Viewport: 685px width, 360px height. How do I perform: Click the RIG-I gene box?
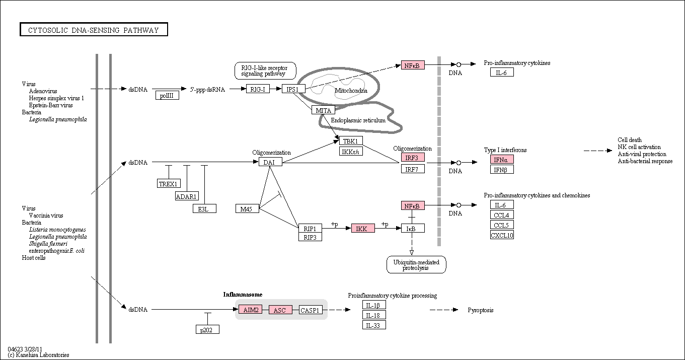tap(258, 89)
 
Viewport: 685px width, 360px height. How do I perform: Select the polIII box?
tap(167, 96)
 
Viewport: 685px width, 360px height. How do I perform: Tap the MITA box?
tap(323, 110)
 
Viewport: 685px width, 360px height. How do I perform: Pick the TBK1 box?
tap(351, 141)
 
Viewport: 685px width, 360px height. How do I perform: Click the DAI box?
tap(270, 162)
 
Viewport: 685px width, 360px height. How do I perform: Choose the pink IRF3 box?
tap(413, 158)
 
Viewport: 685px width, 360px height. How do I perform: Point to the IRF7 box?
tap(413, 169)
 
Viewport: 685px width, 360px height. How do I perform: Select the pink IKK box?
tap(363, 228)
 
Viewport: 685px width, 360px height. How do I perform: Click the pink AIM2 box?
tap(251, 310)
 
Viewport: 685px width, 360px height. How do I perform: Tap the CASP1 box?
tap(311, 310)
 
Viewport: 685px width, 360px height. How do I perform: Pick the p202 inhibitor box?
tap(208, 329)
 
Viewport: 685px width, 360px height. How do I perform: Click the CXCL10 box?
tap(502, 235)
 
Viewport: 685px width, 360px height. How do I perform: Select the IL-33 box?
tap(374, 325)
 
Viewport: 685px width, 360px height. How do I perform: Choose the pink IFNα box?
tap(502, 159)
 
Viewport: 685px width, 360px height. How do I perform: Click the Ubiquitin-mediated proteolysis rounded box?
tap(416, 264)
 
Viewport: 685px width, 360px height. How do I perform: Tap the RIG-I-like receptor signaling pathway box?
tap(265, 70)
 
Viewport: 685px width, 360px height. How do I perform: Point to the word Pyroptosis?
tap(481, 310)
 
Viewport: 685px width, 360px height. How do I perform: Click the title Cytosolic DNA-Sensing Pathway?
tap(94, 30)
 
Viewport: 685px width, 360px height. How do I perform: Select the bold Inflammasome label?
tap(243, 295)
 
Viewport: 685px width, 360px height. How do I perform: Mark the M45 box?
tap(248, 208)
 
